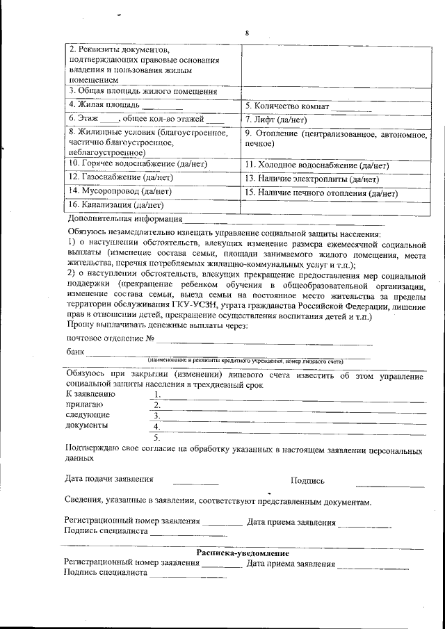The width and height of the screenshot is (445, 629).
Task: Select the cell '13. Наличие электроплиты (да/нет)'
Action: tap(313, 179)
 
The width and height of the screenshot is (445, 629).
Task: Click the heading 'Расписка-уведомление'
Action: tap(243, 553)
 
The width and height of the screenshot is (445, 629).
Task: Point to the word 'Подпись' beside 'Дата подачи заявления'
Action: tap(307, 480)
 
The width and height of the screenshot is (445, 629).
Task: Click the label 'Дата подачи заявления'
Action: tap(109, 479)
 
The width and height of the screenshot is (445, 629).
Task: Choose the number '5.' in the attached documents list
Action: tap(157, 438)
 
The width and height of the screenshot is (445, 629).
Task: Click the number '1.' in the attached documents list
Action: tap(157, 394)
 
